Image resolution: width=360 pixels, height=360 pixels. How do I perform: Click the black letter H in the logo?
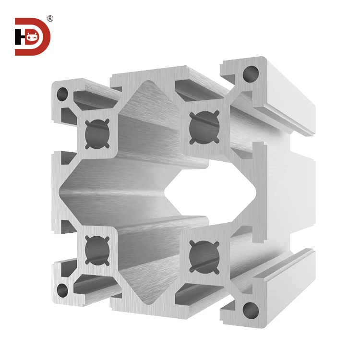[20, 36]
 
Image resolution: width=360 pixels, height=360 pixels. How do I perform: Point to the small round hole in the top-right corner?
[250, 73]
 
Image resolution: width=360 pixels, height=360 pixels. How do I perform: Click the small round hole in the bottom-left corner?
[62, 289]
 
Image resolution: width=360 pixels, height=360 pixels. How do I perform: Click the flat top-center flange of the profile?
[144, 77]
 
